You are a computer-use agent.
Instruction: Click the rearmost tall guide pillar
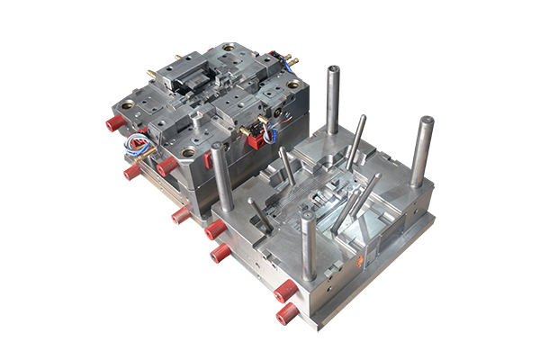point(333,99)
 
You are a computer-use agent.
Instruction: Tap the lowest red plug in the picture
point(286,313)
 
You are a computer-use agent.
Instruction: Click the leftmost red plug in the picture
point(113,123)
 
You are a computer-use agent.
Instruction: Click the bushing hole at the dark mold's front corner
point(188,152)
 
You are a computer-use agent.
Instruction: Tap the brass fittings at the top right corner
point(290,59)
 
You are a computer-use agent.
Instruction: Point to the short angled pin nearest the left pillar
point(257,212)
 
